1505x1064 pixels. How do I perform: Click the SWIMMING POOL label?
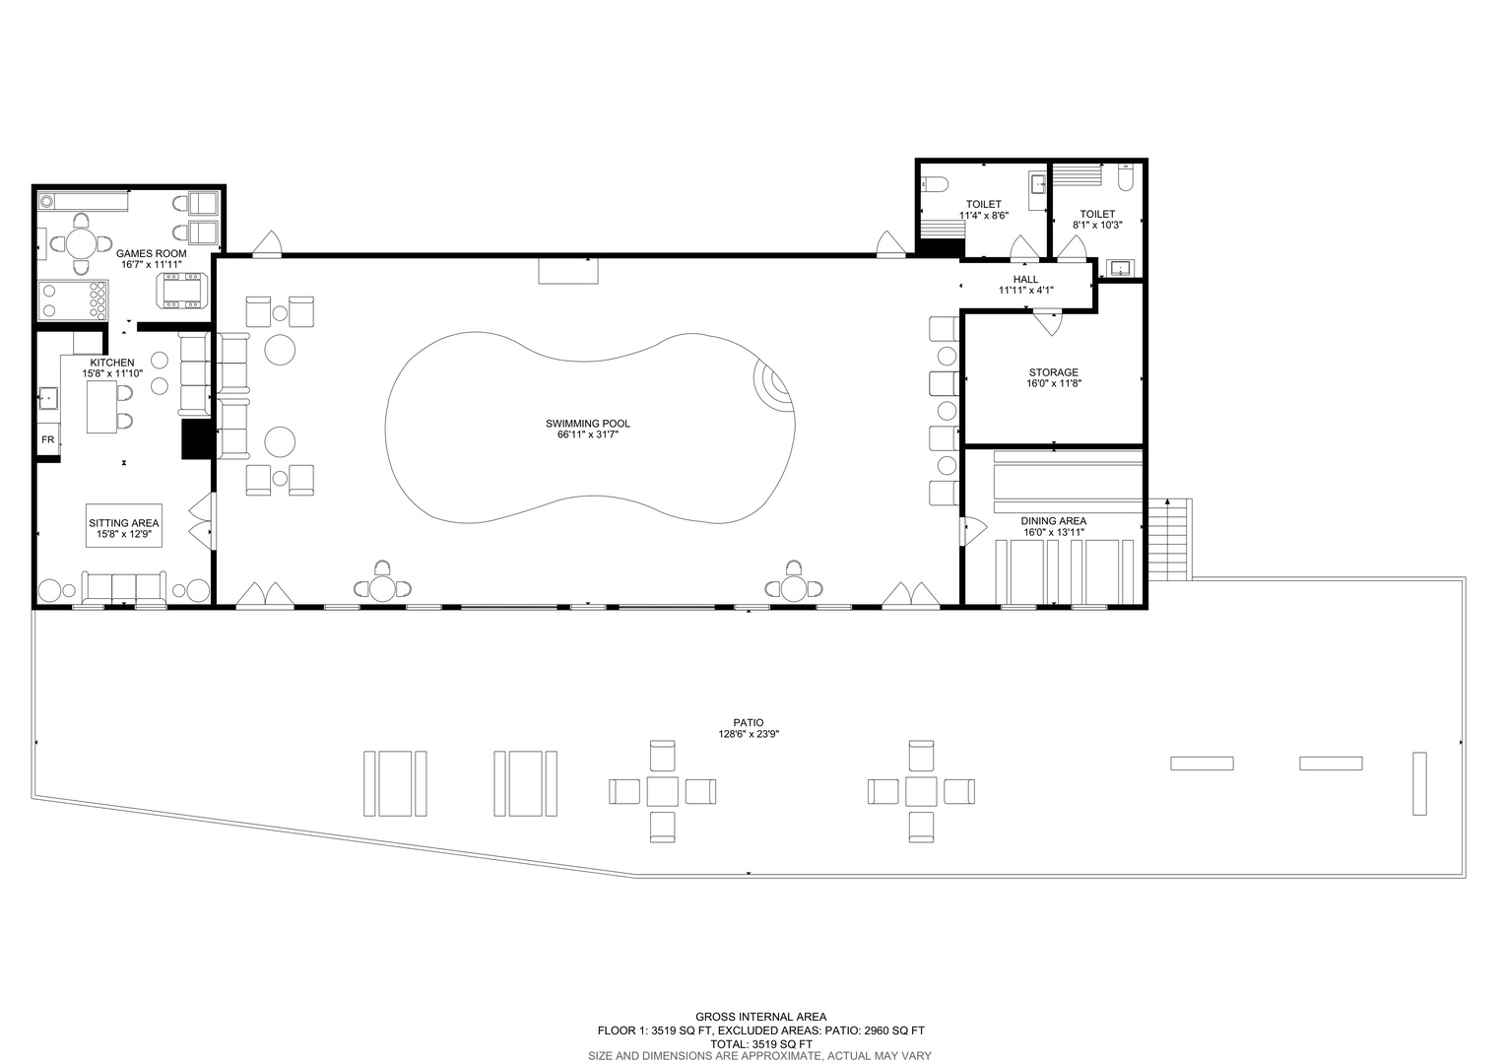pos(588,424)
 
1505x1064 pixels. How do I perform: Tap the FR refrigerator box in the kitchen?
pos(47,439)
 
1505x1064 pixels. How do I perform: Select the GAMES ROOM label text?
pos(151,253)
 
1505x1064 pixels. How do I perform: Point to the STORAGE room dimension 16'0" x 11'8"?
pos(1053,384)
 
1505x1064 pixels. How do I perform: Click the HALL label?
pos(1026,279)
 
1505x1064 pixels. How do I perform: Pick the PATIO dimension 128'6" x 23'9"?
pos(749,734)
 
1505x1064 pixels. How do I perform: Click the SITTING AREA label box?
pos(124,526)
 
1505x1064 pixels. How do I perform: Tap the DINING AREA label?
pos(1054,521)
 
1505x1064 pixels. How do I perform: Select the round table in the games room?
pos(82,244)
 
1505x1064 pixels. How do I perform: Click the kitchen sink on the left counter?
pos(48,398)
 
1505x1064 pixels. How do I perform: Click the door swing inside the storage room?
pos(1047,323)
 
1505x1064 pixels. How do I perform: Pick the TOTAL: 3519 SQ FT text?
pos(761,1044)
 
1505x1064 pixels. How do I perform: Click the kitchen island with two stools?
pos(102,407)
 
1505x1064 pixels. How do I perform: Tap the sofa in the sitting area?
pos(124,587)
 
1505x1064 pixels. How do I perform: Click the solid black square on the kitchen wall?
pos(198,439)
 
